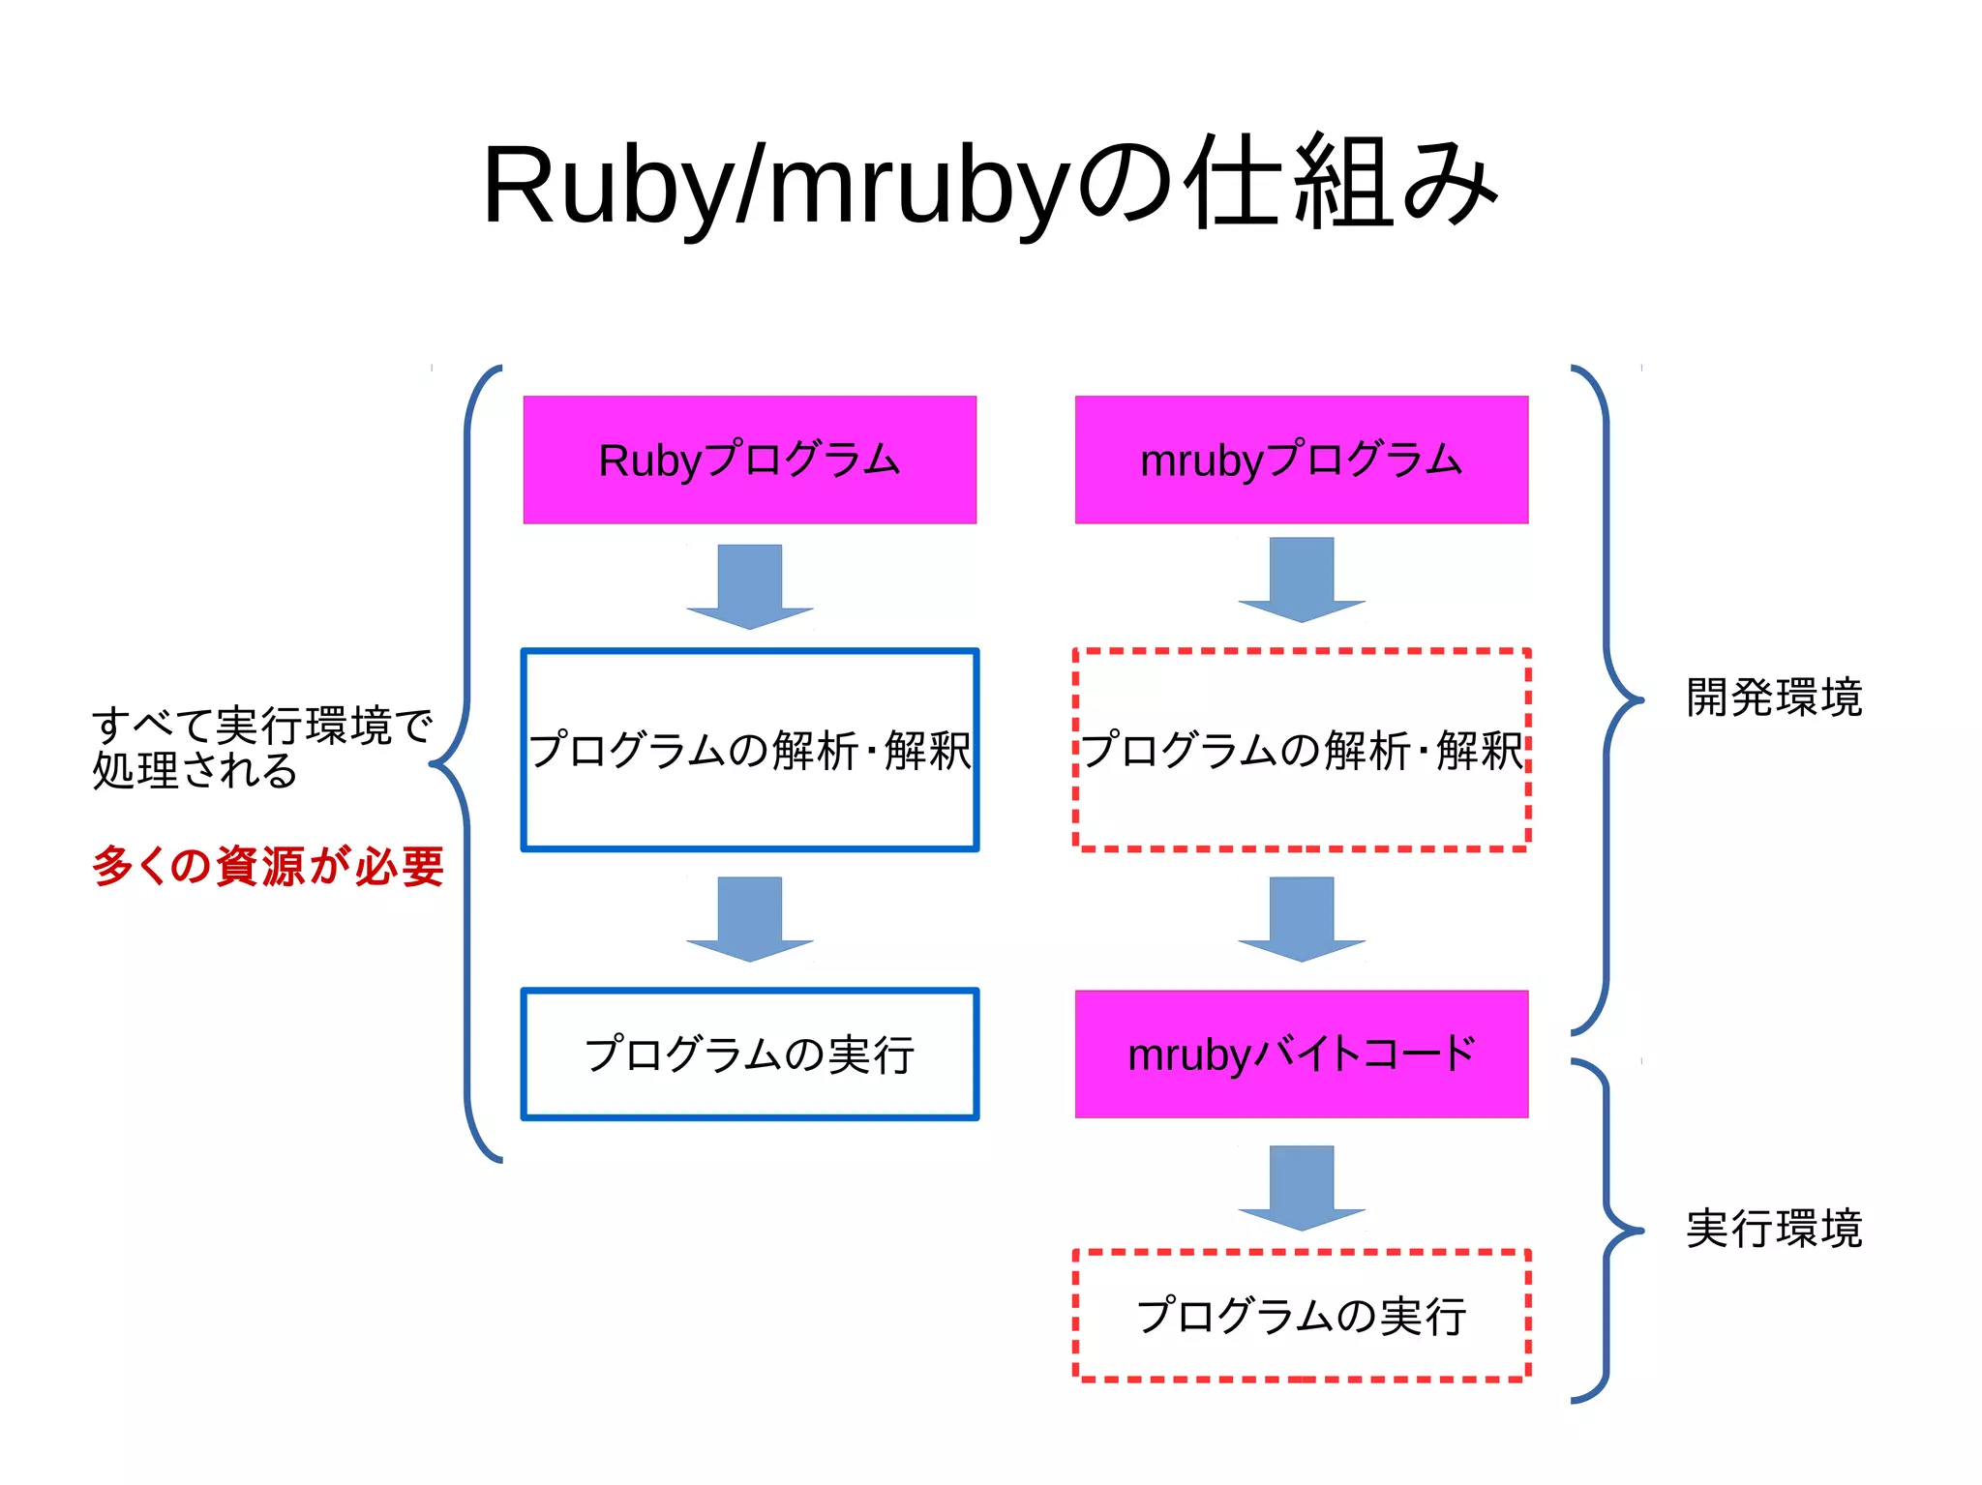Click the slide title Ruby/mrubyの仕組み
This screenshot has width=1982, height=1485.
pyautogui.click(x=989, y=184)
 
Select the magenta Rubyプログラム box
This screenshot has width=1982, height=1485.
pyautogui.click(x=749, y=460)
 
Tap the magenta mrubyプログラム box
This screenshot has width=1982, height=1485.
pyautogui.click(x=1301, y=460)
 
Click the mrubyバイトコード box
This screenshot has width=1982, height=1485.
pyautogui.click(x=1301, y=1054)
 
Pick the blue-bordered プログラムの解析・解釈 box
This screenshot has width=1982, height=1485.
pyautogui.click(x=749, y=750)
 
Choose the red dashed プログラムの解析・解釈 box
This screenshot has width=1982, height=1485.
pyautogui.click(x=1301, y=750)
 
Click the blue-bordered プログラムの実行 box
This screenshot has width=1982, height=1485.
pyautogui.click(x=749, y=1054)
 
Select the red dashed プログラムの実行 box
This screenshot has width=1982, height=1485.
pyautogui.click(x=1301, y=1315)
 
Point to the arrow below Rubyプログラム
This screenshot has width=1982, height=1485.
pyautogui.click(x=749, y=586)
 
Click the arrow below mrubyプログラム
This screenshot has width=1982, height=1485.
pyautogui.click(x=1301, y=579)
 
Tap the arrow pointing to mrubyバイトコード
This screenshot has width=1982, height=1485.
pyautogui.click(x=1301, y=918)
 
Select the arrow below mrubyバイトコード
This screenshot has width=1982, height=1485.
pyautogui.click(x=1301, y=1187)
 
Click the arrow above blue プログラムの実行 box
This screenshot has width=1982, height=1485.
pyautogui.click(x=749, y=918)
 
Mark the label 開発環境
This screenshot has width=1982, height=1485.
pyautogui.click(x=1773, y=698)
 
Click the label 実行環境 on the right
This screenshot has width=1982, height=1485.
pyautogui.click(x=1773, y=1229)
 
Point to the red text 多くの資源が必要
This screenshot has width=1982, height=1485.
pyautogui.click(x=268, y=866)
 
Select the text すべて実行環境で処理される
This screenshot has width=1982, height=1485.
pyautogui.click(x=261, y=748)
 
